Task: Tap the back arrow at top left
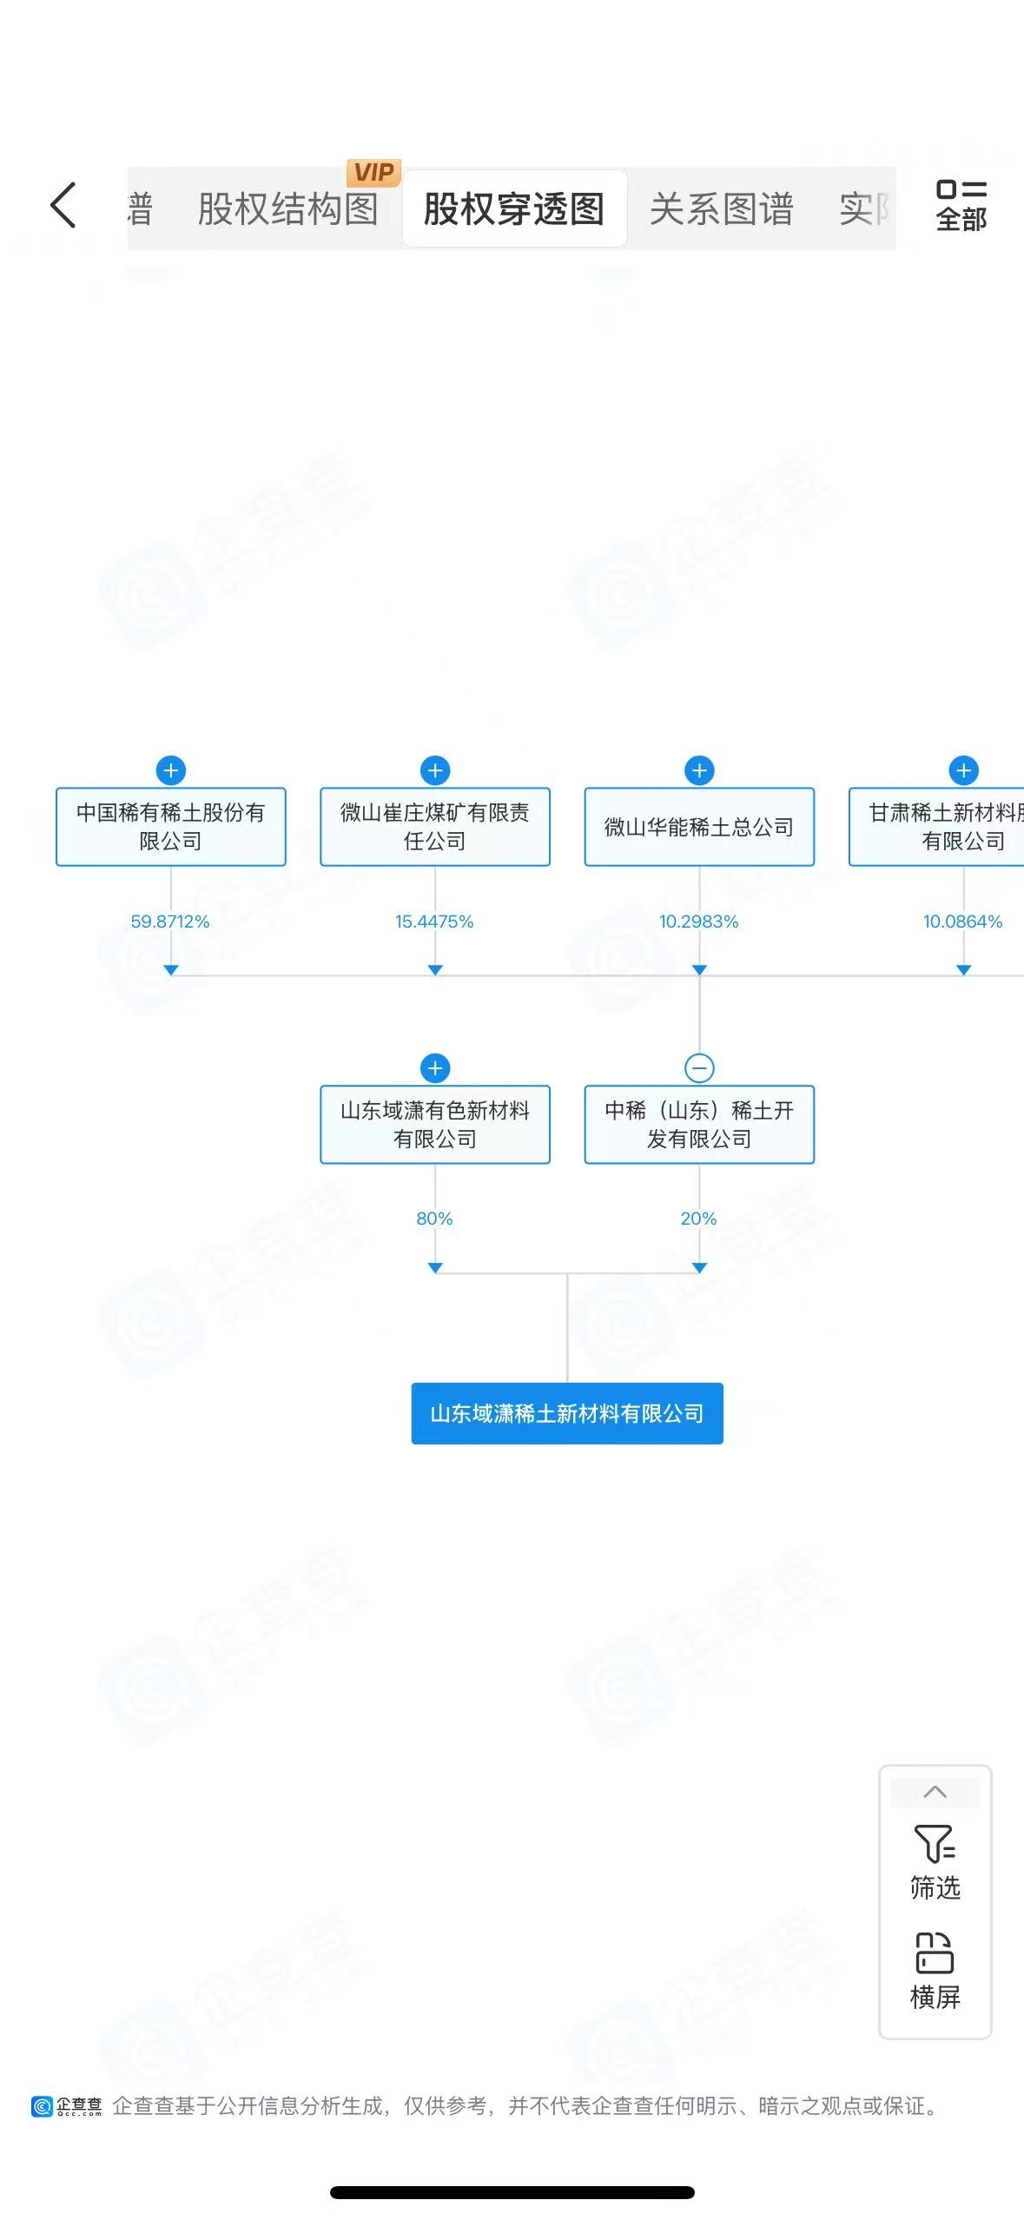pyautogui.click(x=63, y=206)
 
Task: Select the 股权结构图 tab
pyautogui.click(x=287, y=209)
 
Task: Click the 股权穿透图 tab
pyautogui.click(x=514, y=209)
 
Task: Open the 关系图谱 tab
pyautogui.click(x=721, y=209)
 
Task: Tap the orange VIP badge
pyautogui.click(x=373, y=172)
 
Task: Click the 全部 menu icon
pyautogui.click(x=961, y=206)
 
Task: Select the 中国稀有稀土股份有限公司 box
pyautogui.click(x=171, y=827)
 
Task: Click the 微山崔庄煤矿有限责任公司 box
pyautogui.click(x=435, y=827)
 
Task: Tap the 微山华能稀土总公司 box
pyautogui.click(x=699, y=827)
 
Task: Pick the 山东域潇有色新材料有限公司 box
pyautogui.click(x=435, y=1124)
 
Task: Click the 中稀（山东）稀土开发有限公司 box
pyautogui.click(x=699, y=1124)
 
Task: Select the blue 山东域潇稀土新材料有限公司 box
pyautogui.click(x=567, y=1413)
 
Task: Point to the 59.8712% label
pyautogui.click(x=170, y=922)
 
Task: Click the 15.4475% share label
pyautogui.click(x=434, y=922)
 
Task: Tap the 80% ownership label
pyautogui.click(x=434, y=1219)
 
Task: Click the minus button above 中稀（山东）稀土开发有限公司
pyautogui.click(x=699, y=1067)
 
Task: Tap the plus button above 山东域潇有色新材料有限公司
pyautogui.click(x=435, y=1067)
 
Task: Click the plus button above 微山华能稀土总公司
pyautogui.click(x=699, y=770)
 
